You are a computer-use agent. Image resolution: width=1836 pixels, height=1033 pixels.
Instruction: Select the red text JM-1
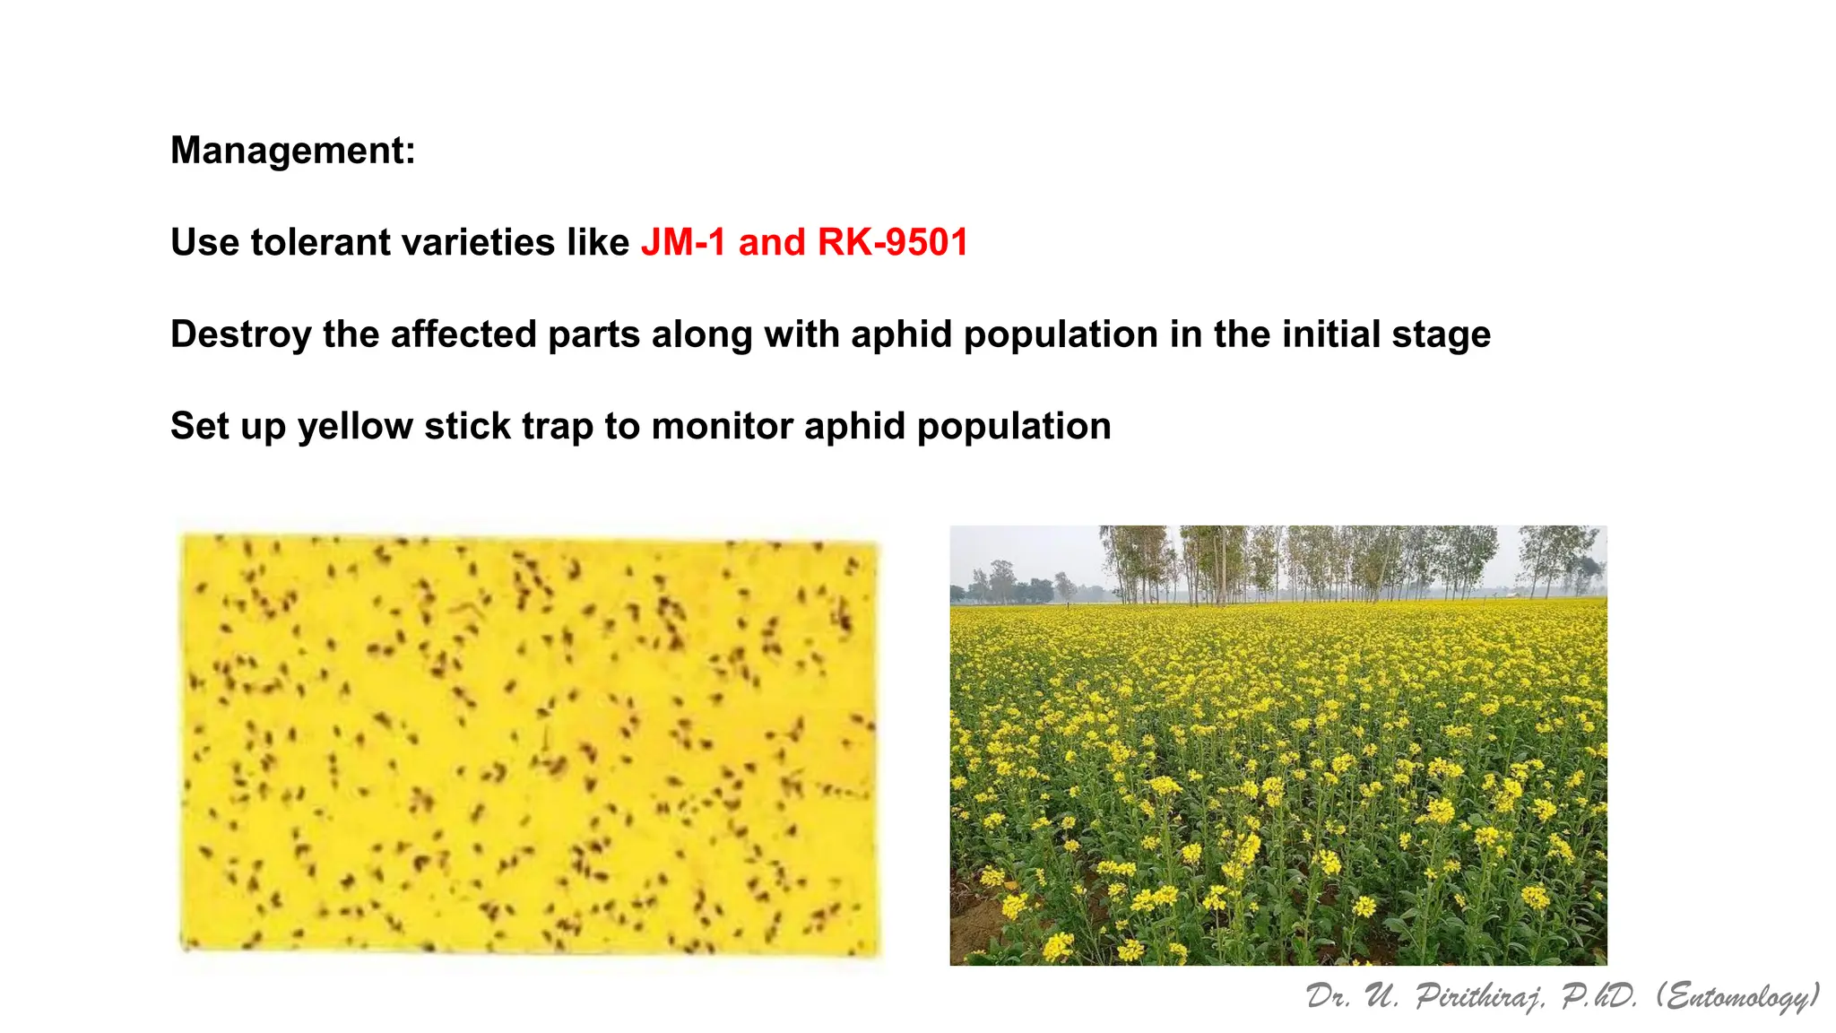(x=683, y=243)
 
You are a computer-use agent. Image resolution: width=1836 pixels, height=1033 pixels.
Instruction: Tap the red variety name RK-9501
(x=893, y=243)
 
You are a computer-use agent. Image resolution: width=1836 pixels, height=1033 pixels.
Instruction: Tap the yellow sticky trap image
(x=529, y=744)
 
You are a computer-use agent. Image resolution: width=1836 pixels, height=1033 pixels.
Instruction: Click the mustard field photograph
(x=1278, y=744)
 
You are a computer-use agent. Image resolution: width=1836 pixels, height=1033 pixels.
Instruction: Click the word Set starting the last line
(x=197, y=427)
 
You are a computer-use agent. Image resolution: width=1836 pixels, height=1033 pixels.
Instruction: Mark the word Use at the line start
(x=204, y=243)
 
